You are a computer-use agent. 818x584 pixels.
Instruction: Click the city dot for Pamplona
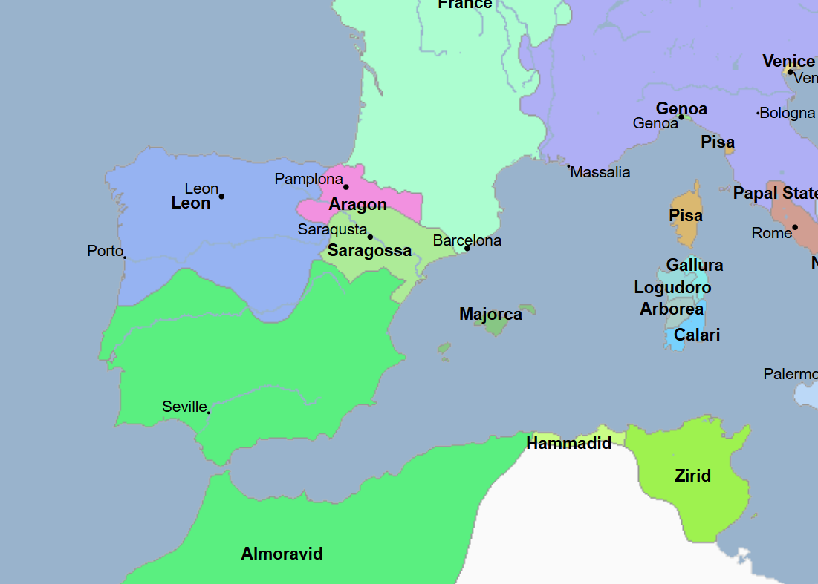pos(345,186)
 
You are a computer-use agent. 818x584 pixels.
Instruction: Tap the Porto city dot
pos(124,257)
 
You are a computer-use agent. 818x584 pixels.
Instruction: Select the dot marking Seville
pos(208,412)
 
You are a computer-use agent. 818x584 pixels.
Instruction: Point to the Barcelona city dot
pos(467,248)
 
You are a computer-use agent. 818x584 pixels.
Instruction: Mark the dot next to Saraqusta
pos(370,237)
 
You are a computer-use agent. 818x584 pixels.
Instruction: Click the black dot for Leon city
pos(221,196)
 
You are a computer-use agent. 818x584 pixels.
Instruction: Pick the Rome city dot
pos(794,227)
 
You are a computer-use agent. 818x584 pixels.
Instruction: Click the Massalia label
pos(600,173)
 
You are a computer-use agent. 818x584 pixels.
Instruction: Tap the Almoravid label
pos(282,554)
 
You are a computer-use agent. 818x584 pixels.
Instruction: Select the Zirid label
pos(692,476)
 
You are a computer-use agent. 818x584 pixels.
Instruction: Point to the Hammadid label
pos(568,444)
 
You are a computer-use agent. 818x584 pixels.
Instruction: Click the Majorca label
pos(490,315)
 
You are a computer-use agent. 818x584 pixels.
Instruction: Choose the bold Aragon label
pos(357,205)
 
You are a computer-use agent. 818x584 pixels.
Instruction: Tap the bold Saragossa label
pos(369,251)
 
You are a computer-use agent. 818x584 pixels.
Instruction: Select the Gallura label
pos(694,266)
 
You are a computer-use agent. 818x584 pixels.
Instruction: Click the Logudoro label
pos(672,288)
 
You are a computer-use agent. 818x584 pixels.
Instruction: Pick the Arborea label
pos(672,309)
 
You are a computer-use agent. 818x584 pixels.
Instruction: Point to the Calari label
pos(697,335)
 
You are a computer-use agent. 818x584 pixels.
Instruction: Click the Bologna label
pos(788,114)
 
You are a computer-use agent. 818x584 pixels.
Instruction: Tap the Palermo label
pos(791,374)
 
